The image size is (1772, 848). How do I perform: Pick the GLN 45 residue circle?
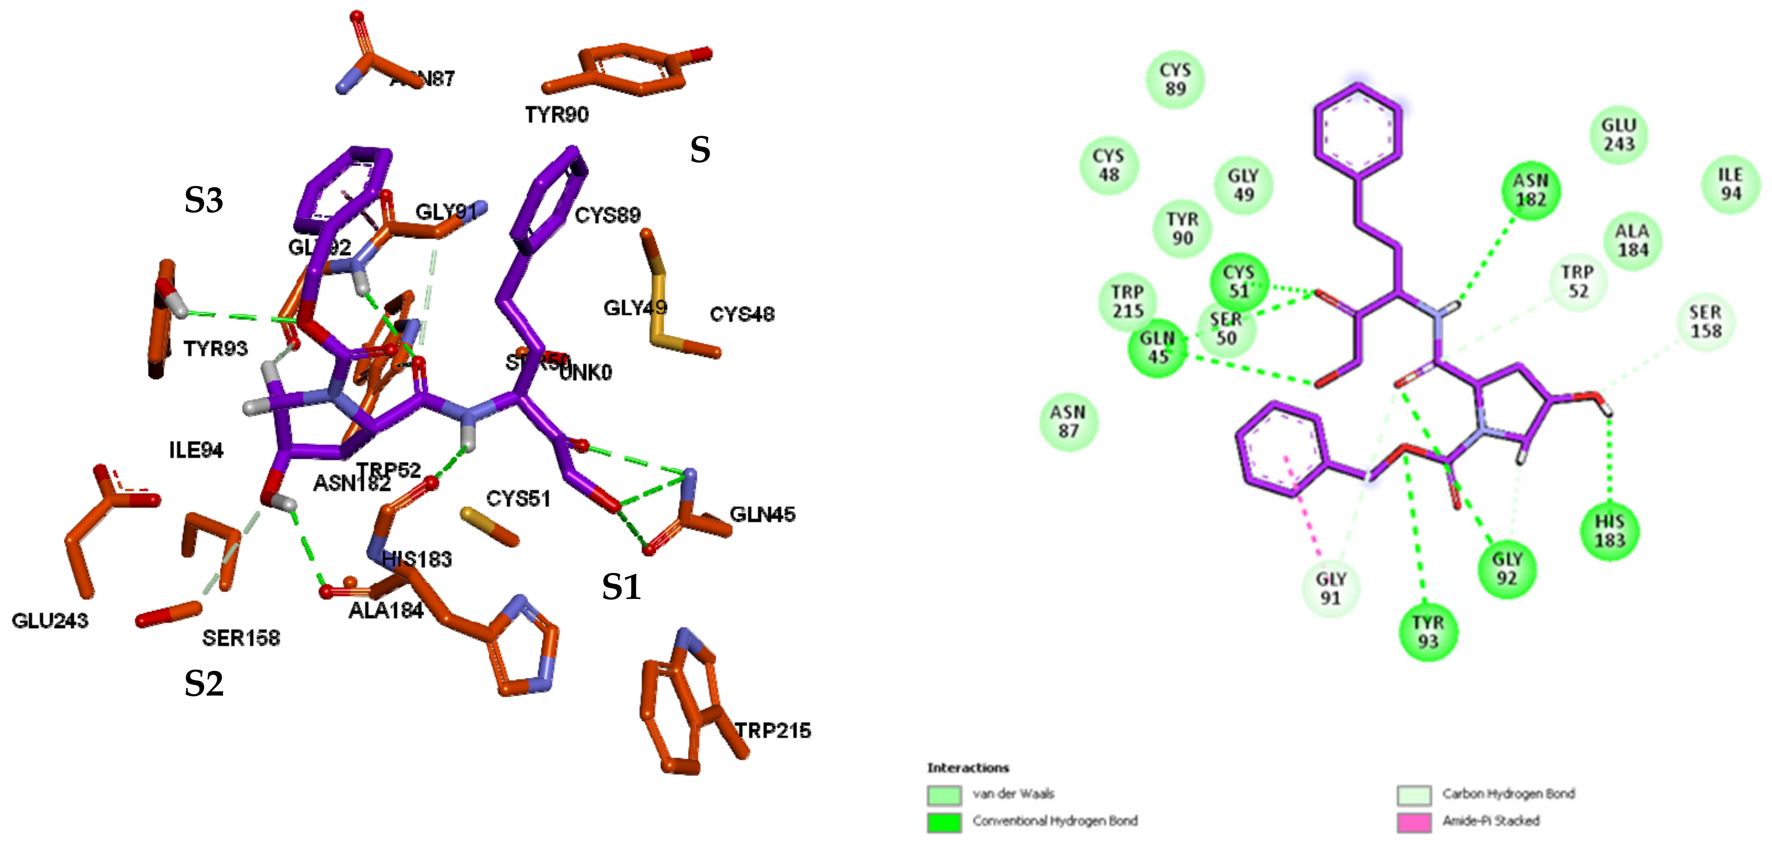pos(1158,348)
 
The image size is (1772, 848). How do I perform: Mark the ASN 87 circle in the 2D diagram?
pos(1068,421)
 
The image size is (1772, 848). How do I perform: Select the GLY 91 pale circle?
pos(1331,588)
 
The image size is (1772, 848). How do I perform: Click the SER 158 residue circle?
pos(1705,322)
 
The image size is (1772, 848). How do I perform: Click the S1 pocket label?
pos(621,587)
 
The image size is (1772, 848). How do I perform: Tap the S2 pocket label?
pos(203,684)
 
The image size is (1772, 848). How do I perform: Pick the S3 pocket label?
pos(203,200)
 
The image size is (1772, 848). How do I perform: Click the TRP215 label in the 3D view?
pos(773,731)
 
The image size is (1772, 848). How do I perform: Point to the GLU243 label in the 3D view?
pos(50,621)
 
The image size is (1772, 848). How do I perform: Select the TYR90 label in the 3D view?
pos(557,115)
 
